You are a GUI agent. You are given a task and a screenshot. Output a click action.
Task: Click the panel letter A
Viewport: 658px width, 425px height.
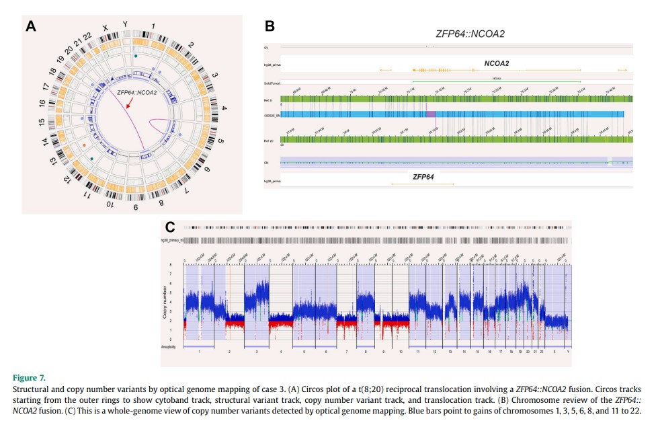[31, 26]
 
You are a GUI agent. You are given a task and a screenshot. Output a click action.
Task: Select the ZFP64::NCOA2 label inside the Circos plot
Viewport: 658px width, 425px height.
[137, 92]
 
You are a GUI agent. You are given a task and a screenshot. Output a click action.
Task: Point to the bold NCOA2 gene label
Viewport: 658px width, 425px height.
[496, 64]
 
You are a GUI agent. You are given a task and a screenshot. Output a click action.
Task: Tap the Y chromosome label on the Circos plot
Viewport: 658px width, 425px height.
[125, 24]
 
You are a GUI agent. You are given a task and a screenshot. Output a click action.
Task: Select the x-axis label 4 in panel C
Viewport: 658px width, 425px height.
[280, 352]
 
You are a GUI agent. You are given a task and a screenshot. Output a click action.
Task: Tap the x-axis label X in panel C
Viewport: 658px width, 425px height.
[554, 352]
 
